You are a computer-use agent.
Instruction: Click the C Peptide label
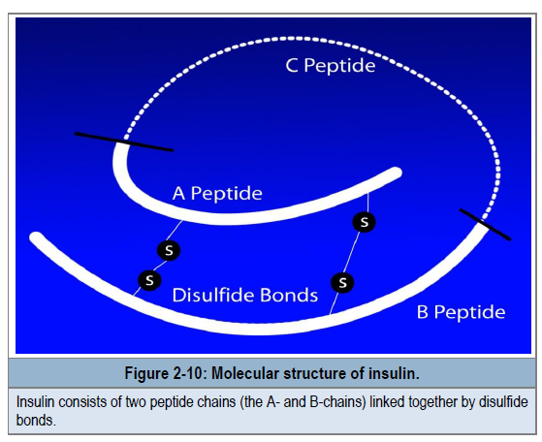[x=331, y=65]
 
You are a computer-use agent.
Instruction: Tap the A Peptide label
[x=217, y=193]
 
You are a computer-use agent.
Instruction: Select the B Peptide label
[x=462, y=312]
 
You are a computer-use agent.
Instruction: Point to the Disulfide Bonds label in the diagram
[x=245, y=295]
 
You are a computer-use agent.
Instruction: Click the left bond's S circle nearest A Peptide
[x=169, y=250]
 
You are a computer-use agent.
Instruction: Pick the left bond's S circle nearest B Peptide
[x=149, y=279]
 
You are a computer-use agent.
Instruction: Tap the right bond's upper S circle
[x=364, y=222]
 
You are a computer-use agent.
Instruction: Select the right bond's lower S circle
[x=342, y=282]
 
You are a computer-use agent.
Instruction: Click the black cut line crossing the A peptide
[x=124, y=142]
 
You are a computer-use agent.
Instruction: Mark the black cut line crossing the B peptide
[x=485, y=224]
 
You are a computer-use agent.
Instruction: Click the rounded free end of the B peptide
[x=36, y=237]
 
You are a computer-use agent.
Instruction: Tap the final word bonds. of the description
[x=36, y=421]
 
